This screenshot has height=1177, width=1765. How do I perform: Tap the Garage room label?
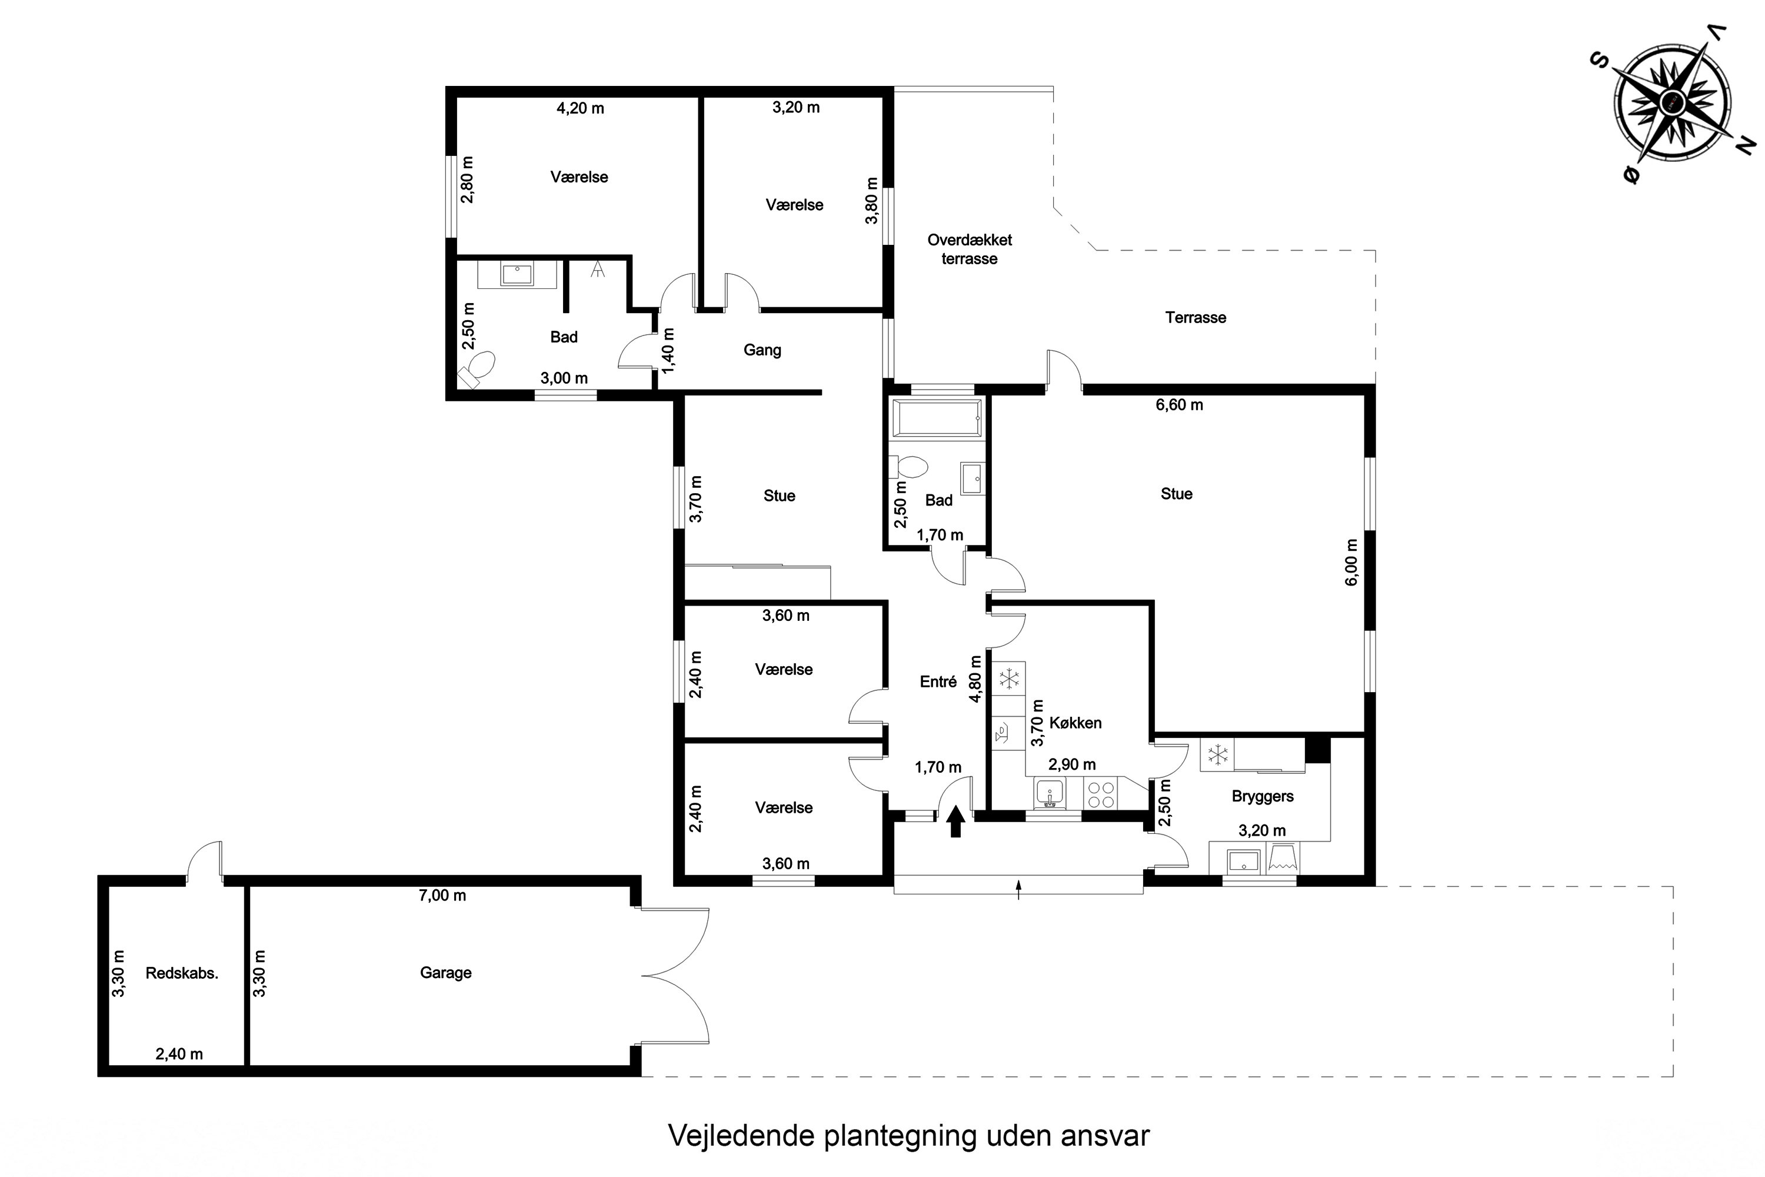tap(446, 973)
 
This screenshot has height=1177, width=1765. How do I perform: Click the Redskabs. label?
tap(182, 973)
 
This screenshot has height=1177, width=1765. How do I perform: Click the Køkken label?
tap(1075, 723)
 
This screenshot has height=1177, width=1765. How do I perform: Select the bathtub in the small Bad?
tap(936, 417)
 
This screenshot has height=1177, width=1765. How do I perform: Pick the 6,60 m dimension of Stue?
tap(1179, 405)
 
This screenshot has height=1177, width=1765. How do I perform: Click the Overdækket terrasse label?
tap(970, 249)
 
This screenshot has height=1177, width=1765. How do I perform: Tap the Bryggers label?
tap(1262, 796)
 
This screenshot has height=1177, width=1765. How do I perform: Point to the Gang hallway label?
tap(762, 350)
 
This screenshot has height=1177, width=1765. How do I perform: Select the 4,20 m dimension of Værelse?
tap(580, 108)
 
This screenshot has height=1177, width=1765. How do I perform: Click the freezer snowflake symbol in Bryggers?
tap(1217, 754)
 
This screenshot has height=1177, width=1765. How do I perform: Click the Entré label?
tap(938, 681)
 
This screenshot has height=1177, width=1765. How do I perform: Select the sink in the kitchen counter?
tap(1049, 793)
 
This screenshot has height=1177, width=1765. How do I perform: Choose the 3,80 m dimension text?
tap(871, 201)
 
